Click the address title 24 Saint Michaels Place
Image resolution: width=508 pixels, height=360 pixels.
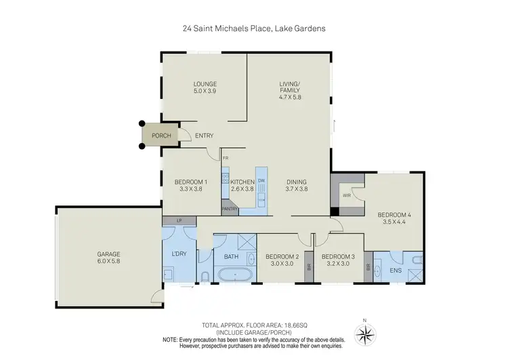pos(254,30)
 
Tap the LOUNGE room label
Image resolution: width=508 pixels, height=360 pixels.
pos(205,84)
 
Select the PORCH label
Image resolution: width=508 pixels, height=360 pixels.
pos(161,136)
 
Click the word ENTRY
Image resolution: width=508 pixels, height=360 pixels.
pos(205,136)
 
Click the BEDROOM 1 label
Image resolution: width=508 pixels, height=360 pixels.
pos(190,182)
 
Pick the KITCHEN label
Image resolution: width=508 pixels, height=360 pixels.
pos(242,182)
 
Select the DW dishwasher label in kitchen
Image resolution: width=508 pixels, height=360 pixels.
pos(261,180)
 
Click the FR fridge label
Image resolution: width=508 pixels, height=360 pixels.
pos(226,159)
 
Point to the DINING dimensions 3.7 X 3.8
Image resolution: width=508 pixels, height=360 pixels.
pos(296,191)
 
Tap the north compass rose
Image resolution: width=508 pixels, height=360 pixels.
pos(367,333)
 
